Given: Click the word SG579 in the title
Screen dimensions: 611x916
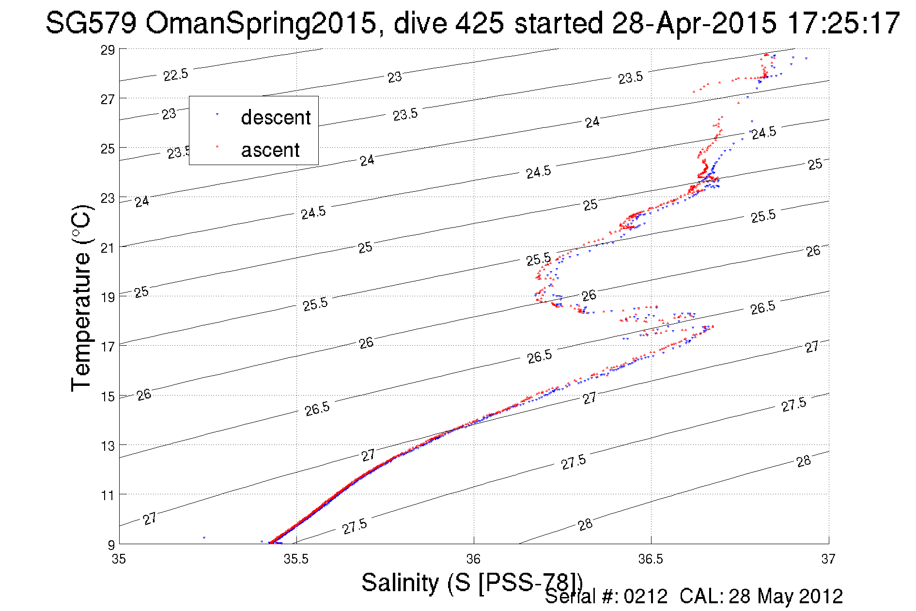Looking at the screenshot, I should click(91, 23).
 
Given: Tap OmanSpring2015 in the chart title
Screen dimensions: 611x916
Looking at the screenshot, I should click(260, 23).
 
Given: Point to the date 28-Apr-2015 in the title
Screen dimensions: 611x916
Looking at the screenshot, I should click(694, 23).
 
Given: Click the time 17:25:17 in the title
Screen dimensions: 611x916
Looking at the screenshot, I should click(843, 23).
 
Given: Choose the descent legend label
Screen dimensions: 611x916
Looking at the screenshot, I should click(276, 118).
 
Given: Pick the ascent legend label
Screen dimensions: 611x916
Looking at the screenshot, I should click(270, 150).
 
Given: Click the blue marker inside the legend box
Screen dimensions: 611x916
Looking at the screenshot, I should click(217, 114).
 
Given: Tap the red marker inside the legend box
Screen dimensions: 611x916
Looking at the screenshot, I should click(217, 146).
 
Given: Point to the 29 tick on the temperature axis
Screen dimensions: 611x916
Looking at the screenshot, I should click(108, 50).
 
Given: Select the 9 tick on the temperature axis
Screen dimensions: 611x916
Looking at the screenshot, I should click(111, 545).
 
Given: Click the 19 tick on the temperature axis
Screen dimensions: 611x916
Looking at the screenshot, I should click(108, 297).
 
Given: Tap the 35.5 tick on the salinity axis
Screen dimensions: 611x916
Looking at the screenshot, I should click(296, 559).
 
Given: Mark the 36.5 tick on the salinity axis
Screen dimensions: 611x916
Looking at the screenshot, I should click(651, 559).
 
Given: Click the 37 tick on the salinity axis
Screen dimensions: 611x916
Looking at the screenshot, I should click(828, 559).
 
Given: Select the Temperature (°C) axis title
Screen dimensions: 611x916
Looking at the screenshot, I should click(81, 298).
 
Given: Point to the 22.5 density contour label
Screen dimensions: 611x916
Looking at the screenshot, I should click(175, 75).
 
